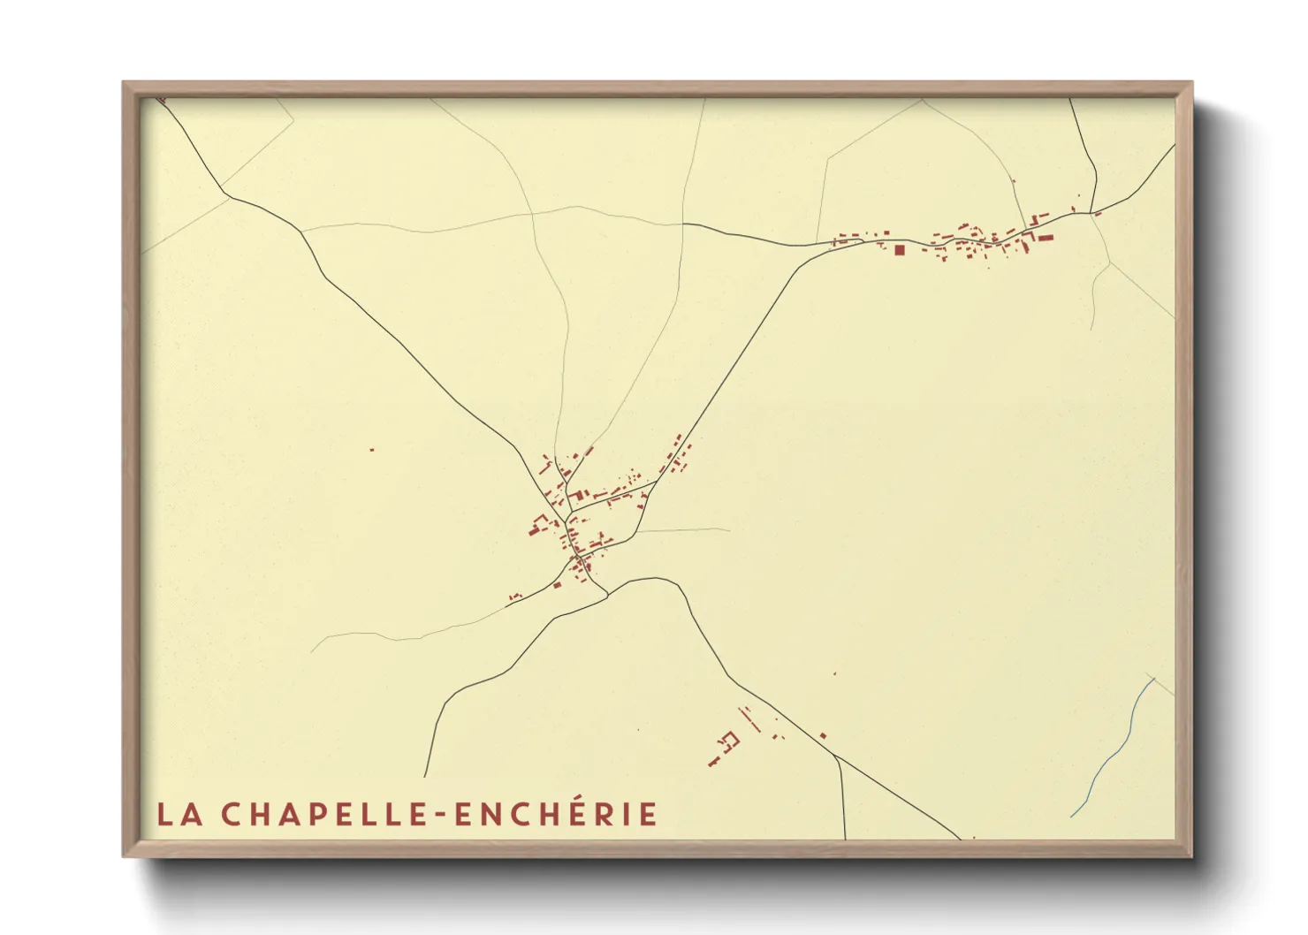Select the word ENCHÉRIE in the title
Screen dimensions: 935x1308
point(556,814)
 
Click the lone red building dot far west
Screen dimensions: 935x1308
point(372,450)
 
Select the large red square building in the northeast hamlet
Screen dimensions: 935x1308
point(900,250)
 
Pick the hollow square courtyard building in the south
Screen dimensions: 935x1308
point(730,739)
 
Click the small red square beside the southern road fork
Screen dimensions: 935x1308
point(823,735)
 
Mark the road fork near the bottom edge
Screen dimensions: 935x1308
point(837,757)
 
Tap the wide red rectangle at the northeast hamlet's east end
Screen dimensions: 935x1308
point(1046,237)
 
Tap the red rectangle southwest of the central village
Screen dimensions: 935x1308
point(557,584)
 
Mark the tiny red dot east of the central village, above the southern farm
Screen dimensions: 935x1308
point(834,673)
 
